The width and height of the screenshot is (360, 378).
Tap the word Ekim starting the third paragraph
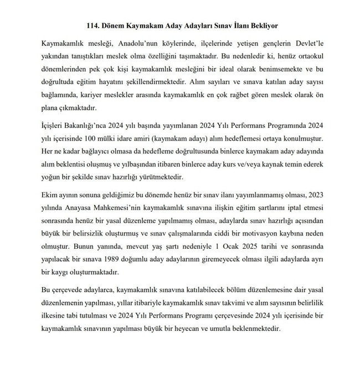[x=51, y=196]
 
